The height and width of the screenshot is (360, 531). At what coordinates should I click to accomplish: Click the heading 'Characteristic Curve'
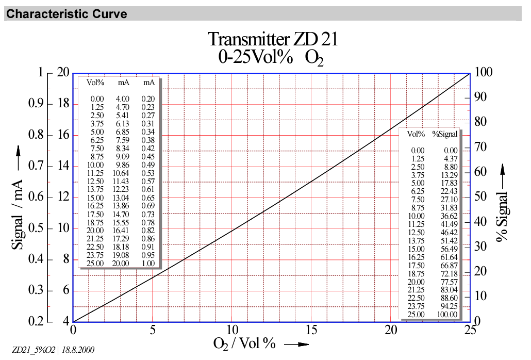[67, 14]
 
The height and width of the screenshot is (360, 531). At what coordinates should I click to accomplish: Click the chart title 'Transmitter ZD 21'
[273, 39]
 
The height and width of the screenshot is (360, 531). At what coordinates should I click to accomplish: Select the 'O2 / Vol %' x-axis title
[245, 343]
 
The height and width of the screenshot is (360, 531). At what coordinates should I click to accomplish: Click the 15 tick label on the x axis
[311, 330]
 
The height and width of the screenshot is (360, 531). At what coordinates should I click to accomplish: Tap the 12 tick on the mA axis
[63, 197]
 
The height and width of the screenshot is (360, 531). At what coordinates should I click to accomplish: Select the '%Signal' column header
[445, 134]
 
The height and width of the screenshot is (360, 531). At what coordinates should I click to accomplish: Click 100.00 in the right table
[446, 314]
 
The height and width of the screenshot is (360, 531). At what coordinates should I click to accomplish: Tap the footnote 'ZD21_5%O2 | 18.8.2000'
[53, 350]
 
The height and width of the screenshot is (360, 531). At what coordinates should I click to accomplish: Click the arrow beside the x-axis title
[296, 344]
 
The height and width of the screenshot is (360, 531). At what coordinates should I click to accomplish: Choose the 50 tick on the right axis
[481, 197]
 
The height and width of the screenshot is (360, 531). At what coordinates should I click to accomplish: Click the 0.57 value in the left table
[148, 182]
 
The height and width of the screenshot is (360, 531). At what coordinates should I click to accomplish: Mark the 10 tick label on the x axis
[232, 330]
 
